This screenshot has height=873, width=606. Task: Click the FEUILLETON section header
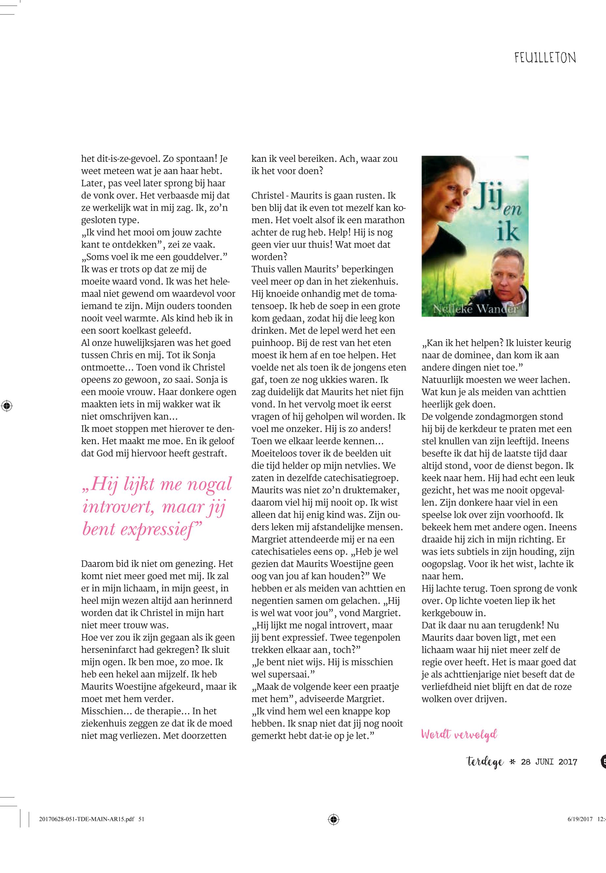545,58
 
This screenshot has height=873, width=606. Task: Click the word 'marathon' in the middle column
383,220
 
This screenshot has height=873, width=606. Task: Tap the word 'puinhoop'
271,343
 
